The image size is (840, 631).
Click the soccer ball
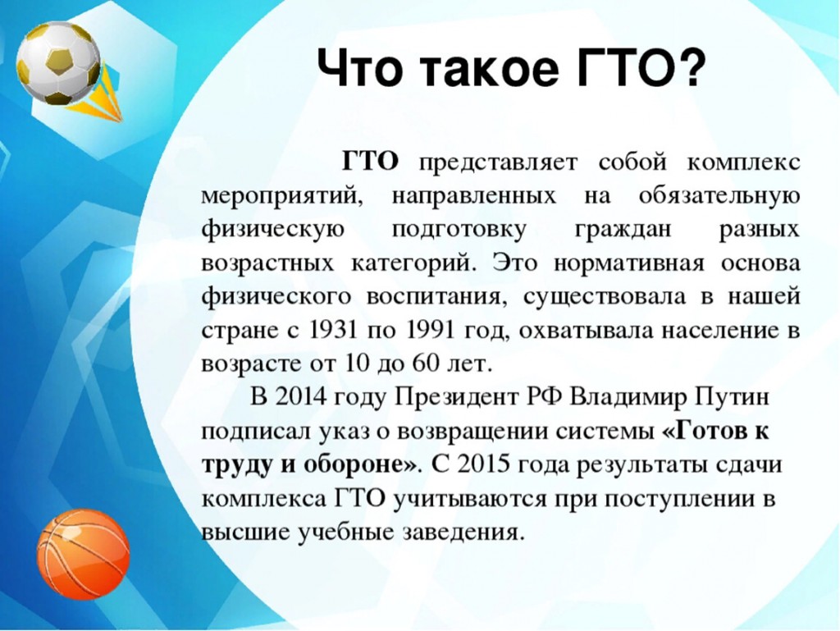pos(58,62)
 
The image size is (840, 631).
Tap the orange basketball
pos(83,554)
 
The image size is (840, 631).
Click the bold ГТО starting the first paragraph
pos(370,161)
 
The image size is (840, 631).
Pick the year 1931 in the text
pos(333,331)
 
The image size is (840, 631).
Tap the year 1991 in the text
pos(430,331)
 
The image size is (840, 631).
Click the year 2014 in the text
pos(300,397)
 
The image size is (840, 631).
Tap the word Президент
pos(457,398)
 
